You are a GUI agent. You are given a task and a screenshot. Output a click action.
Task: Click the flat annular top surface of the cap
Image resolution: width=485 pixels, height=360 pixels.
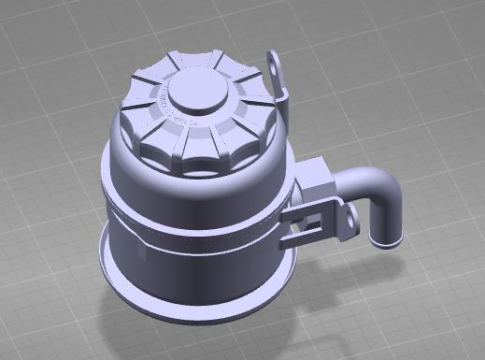point(229,112)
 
